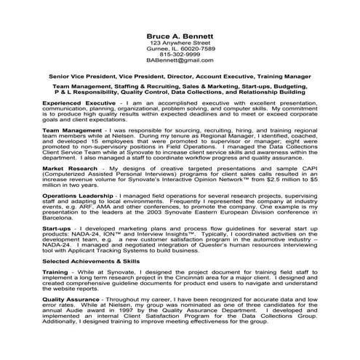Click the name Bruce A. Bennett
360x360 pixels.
coord(180,36)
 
